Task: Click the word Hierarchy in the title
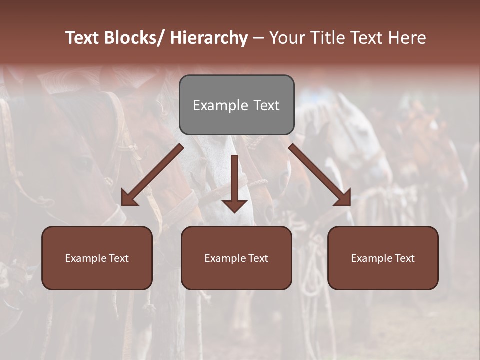pyautogui.click(x=209, y=38)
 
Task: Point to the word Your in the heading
pyautogui.click(x=287, y=38)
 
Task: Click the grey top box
pyautogui.click(x=236, y=105)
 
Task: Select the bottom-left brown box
pyautogui.click(x=97, y=258)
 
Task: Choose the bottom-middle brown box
pyautogui.click(x=236, y=258)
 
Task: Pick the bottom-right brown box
pyautogui.click(x=383, y=258)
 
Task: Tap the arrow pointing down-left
pyautogui.click(x=152, y=175)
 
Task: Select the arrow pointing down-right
pyautogui.click(x=320, y=175)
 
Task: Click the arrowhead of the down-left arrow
pyautogui.click(x=129, y=198)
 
